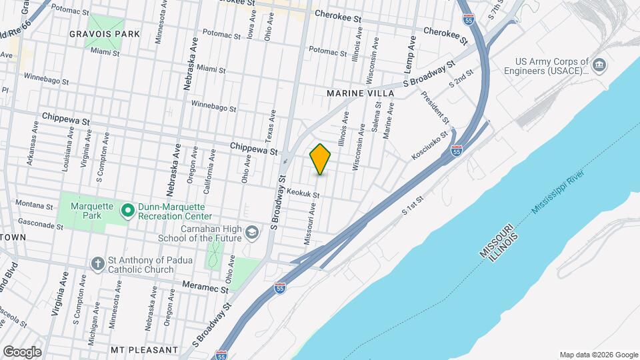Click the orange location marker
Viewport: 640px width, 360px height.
321,159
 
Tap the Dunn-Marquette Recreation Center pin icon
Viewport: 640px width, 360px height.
127,211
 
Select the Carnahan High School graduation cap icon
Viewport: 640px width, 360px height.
252,232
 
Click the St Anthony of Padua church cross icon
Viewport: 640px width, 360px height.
98,264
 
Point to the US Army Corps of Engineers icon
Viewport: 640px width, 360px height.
599,65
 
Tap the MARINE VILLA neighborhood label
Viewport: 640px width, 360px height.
361,93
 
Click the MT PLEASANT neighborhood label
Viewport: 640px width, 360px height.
145,349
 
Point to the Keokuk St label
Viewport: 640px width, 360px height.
303,193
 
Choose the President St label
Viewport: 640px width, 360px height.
435,107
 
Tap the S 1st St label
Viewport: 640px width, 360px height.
413,205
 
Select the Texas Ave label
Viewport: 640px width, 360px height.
271,125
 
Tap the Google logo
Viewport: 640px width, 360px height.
21,351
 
